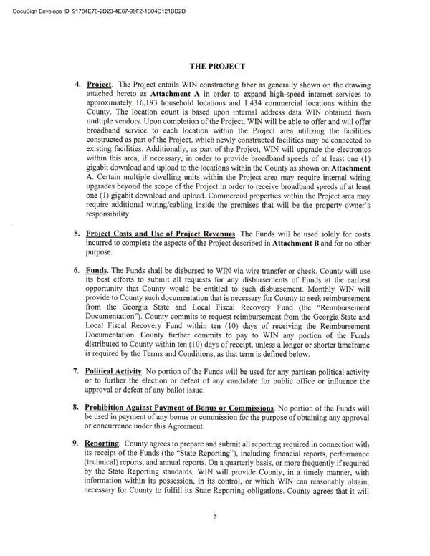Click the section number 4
77,84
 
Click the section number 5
77,233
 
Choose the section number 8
77,407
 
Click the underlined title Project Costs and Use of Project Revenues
161,234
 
